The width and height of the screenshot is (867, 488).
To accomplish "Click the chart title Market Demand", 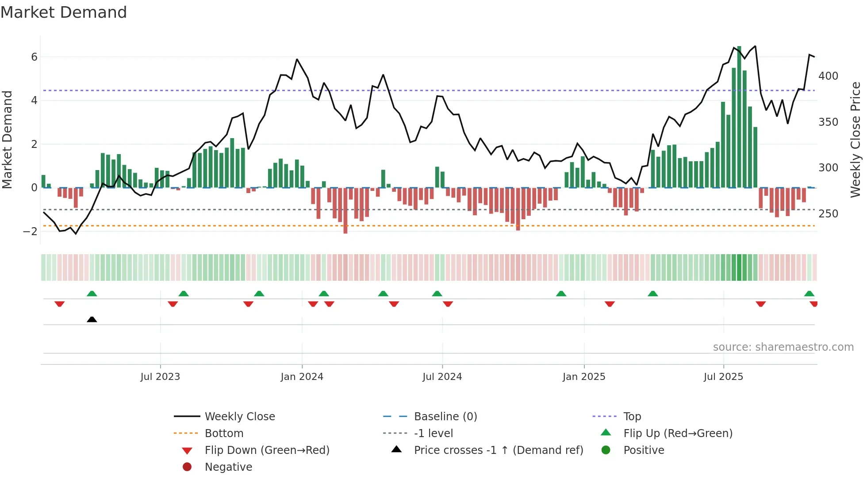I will pyautogui.click(x=64, y=12).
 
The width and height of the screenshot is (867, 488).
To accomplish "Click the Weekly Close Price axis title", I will pyautogui.click(x=855, y=139).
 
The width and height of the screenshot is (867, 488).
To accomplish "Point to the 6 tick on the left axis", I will pyautogui.click(x=34, y=57).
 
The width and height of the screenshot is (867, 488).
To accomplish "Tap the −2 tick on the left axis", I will pyautogui.click(x=30, y=231).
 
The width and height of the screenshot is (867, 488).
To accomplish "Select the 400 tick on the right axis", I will pyautogui.click(x=828, y=76).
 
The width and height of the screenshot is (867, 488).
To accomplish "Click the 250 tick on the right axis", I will pyautogui.click(x=828, y=213).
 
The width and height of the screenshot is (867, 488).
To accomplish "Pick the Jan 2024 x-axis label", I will pyautogui.click(x=302, y=376).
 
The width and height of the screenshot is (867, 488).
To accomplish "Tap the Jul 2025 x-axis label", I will pyautogui.click(x=723, y=376).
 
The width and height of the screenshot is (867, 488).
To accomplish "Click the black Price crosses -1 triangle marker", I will pyautogui.click(x=92, y=319).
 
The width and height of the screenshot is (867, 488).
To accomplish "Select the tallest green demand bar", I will pyautogui.click(x=739, y=117).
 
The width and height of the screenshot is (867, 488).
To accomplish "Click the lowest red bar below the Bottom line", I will pyautogui.click(x=345, y=211).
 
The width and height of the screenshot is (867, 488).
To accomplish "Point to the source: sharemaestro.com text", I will pyautogui.click(x=783, y=347).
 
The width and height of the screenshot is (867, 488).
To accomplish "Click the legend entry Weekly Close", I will pyautogui.click(x=239, y=416).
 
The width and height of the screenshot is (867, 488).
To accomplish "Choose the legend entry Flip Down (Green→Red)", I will pyautogui.click(x=267, y=450).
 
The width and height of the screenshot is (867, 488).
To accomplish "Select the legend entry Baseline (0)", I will pyautogui.click(x=445, y=416).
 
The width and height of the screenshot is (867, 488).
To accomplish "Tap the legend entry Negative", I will pyautogui.click(x=228, y=467).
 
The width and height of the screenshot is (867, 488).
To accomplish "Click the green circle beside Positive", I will pyautogui.click(x=606, y=450).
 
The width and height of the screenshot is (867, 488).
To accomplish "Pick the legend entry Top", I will pyautogui.click(x=632, y=416).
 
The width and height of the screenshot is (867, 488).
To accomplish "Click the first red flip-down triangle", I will pyautogui.click(x=60, y=304).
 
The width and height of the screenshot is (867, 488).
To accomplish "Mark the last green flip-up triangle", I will pyautogui.click(x=809, y=294).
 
